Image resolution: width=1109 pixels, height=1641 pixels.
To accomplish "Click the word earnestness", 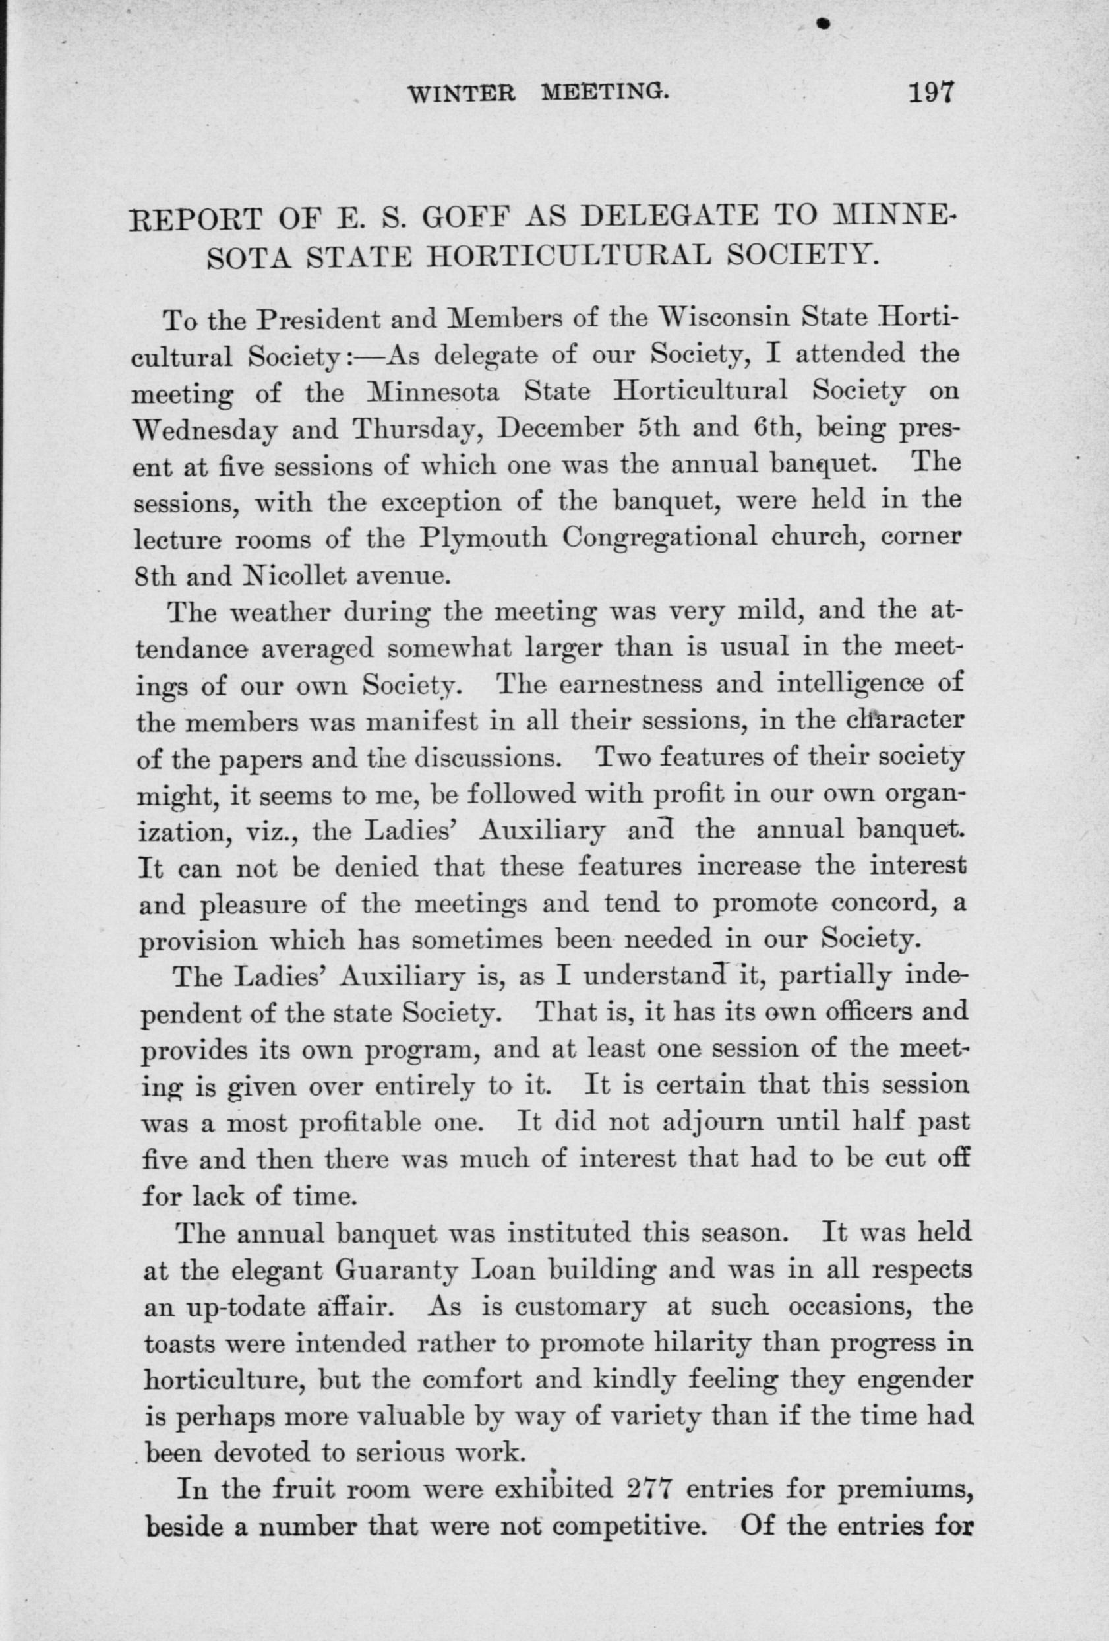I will (x=622, y=685).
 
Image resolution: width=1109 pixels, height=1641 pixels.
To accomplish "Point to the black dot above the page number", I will (x=820, y=24).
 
